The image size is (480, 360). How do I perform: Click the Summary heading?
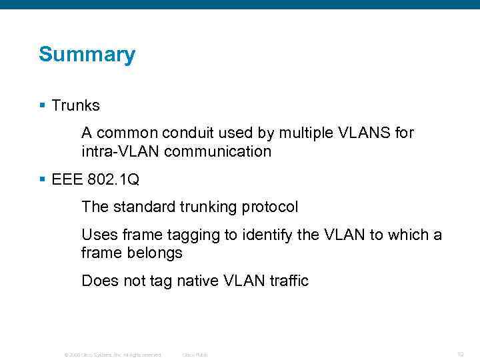coord(87,55)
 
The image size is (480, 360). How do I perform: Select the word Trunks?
coord(75,105)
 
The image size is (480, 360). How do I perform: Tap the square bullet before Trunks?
coord(42,105)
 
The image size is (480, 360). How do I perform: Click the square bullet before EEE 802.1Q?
coord(42,179)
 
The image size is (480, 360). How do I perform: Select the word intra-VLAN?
coord(120,151)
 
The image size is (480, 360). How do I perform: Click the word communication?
coord(218,151)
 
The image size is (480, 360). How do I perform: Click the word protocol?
coord(270,207)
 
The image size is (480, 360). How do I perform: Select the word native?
coord(198,281)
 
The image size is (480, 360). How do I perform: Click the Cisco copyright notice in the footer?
coord(113,355)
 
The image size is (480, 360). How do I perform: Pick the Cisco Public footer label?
coord(195,355)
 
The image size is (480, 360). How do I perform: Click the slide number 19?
coord(460,354)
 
